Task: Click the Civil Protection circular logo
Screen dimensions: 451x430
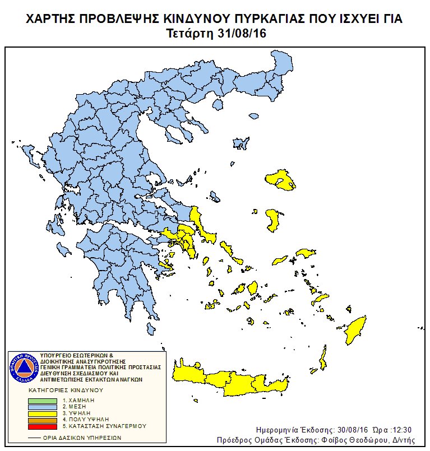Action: click(23, 368)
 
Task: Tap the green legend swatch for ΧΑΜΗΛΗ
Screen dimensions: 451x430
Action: click(43, 401)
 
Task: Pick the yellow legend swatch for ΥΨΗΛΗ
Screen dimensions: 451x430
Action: click(43, 413)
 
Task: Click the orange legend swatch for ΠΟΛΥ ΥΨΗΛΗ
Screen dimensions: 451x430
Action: click(43, 419)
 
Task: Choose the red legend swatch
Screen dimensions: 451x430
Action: click(43, 426)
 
